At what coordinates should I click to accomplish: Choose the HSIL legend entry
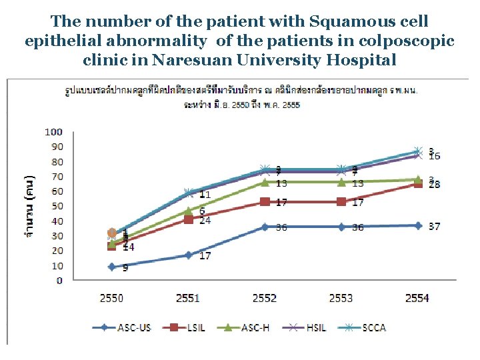(x=311, y=327)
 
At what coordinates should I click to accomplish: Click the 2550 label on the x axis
(x=111, y=298)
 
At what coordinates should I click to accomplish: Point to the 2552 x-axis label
(x=264, y=298)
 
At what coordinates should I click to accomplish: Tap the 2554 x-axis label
(x=417, y=298)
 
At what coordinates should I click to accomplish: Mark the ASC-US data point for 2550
(x=111, y=267)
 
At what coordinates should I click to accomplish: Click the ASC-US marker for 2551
(x=188, y=255)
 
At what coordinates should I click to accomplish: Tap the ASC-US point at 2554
(x=418, y=225)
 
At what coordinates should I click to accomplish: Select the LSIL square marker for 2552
(x=265, y=201)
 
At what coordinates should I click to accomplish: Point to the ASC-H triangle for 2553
(x=341, y=182)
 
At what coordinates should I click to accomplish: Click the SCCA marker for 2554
(x=418, y=151)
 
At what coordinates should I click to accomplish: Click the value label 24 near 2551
(x=205, y=220)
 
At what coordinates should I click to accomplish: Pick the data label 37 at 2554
(x=434, y=227)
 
